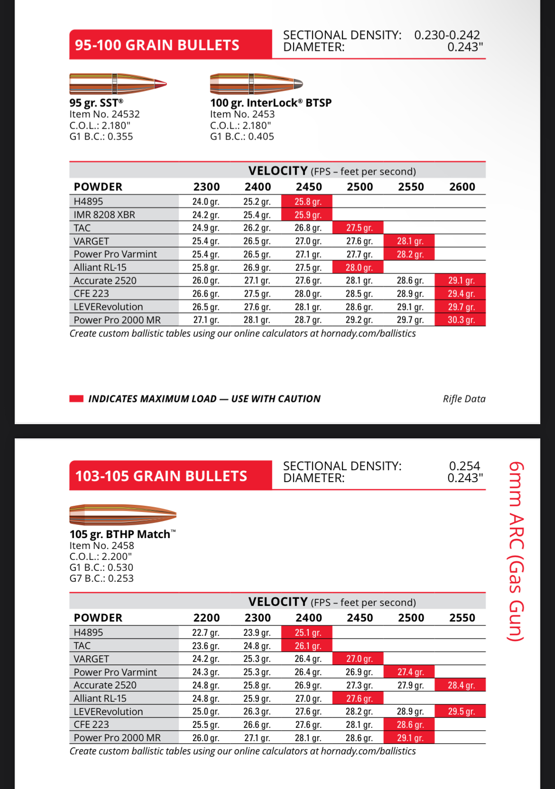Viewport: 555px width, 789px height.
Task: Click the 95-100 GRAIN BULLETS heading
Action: point(157,45)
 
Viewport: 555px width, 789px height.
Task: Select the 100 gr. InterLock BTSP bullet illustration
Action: point(256,84)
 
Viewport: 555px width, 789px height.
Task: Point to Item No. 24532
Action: point(104,114)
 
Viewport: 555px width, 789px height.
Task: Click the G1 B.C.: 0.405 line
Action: point(242,137)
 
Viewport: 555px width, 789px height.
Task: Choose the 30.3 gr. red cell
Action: point(461,320)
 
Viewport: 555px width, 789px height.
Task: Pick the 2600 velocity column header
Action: point(462,187)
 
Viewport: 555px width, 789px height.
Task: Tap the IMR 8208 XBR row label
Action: point(104,215)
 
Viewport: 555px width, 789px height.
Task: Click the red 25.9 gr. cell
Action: point(307,215)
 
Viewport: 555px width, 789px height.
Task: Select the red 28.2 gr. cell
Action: point(410,254)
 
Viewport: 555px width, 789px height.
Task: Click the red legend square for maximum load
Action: point(76,399)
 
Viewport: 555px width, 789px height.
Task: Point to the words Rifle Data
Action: point(464,399)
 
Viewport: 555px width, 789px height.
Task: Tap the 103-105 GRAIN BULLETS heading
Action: point(161,476)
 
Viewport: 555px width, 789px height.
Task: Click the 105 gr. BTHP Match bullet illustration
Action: point(122,514)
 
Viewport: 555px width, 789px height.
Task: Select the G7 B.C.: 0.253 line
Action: point(102,578)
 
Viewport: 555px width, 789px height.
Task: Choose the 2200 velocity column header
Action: point(206,618)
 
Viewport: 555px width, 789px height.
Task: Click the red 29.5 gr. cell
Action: point(461,712)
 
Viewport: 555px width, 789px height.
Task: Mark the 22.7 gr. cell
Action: point(205,632)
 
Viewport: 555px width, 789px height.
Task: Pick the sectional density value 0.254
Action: point(464,466)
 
